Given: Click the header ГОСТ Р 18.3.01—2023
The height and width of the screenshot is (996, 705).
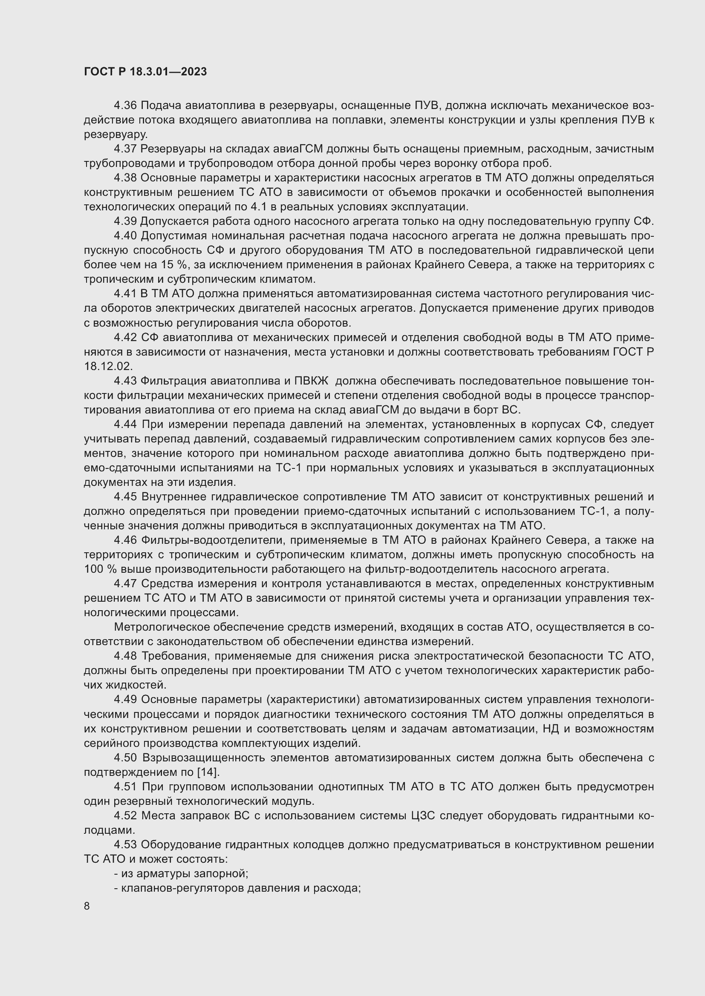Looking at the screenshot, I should click(145, 72).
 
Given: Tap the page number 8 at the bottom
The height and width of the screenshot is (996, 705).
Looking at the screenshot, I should click(87, 906).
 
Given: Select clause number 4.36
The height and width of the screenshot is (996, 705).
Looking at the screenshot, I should click(125, 106).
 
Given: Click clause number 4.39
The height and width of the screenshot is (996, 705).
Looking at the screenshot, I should click(125, 221).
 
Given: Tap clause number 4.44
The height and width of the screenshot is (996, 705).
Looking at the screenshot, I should click(125, 424).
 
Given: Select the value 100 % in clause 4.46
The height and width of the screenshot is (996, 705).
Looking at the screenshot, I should click(98, 569).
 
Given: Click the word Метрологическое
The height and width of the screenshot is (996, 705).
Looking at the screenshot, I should click(163, 627).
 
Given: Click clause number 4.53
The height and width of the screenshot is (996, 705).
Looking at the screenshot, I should click(125, 844).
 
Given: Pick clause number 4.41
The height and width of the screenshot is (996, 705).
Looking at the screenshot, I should click(125, 294).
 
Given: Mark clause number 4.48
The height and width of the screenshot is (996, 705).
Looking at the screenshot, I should click(125, 656).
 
